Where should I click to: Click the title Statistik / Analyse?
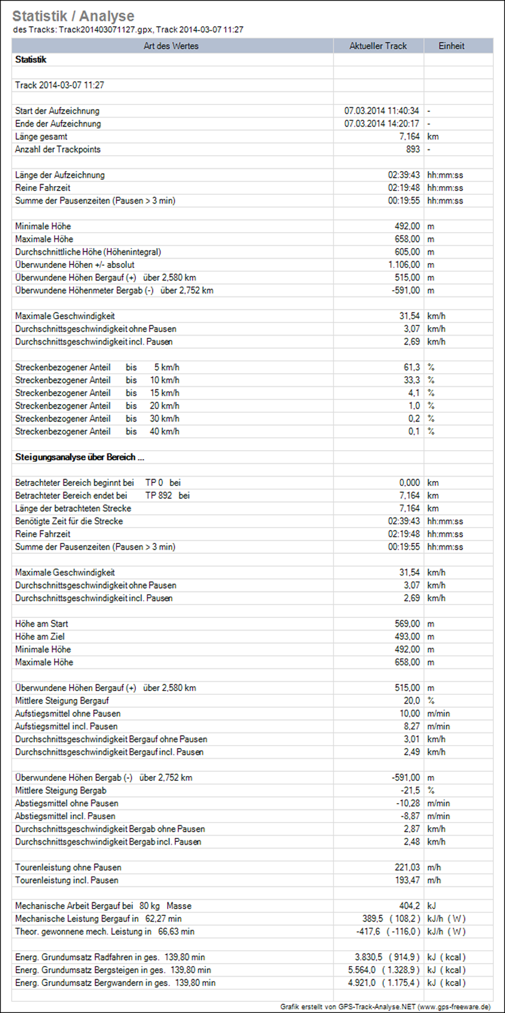pos(73,16)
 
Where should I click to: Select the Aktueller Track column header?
pos(378,46)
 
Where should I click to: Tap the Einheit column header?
pos(451,46)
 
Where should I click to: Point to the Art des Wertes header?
pos(171,46)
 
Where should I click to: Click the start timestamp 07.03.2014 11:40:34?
pos(382,111)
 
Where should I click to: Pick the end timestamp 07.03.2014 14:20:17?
pos(382,124)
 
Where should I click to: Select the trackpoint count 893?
pos(412,149)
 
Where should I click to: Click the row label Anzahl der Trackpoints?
pos(58,149)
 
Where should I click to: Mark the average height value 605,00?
pos(407,252)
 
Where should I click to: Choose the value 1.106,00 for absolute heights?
pos(404,265)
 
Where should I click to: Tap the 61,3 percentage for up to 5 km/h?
pos(411,368)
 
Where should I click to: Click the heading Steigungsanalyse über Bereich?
pos(79,457)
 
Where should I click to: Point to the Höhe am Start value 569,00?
pos(407,624)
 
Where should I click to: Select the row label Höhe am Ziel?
pos(40,637)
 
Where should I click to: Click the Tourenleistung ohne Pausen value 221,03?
pos(407,868)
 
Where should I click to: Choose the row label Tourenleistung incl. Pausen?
pos(67,881)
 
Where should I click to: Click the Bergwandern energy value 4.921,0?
pos(361,983)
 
